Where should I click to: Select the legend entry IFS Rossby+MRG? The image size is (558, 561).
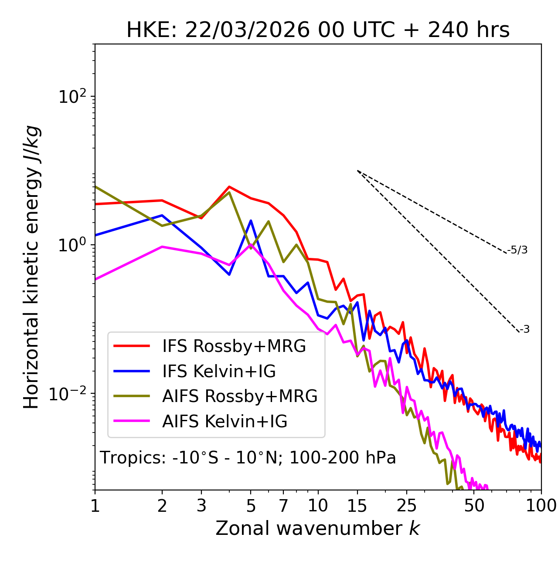tap(234, 346)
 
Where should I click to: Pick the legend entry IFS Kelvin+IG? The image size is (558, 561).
tap(219, 371)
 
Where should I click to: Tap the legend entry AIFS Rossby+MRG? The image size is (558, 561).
tap(240, 396)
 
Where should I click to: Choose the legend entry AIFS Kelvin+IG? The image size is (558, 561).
tap(225, 422)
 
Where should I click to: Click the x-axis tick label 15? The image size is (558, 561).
tap(357, 506)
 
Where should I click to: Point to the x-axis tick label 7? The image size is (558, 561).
tap(283, 506)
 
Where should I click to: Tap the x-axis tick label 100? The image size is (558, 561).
tap(541, 506)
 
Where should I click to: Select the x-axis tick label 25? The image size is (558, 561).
tap(407, 506)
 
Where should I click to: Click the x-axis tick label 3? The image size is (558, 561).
tap(201, 506)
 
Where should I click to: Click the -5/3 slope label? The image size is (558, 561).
tap(517, 250)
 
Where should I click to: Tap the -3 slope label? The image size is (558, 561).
tap(524, 330)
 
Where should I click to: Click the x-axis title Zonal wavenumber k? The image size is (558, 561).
tap(318, 528)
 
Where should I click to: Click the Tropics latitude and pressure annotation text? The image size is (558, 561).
tap(248, 458)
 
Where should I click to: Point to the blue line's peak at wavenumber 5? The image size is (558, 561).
tap(251, 220)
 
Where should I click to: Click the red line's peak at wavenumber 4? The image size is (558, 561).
tap(229, 187)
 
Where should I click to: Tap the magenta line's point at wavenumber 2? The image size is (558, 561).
tap(162, 247)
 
